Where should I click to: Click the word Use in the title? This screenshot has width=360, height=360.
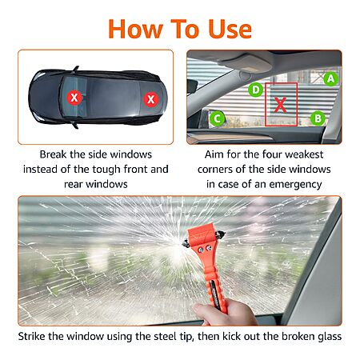tap(230, 29)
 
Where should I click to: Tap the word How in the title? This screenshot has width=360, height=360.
tap(135, 29)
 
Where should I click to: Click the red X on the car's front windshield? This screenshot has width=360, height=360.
tap(74, 98)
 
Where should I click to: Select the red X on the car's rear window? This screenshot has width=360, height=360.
tap(151, 99)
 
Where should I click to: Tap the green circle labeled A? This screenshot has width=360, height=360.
tap(330, 78)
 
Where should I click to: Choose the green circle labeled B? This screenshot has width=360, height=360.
tap(318, 118)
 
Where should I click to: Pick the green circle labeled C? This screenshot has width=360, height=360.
tap(218, 118)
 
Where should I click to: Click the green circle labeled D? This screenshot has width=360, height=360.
tap(255, 90)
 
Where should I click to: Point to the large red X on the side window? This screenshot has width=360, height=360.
tap(280, 105)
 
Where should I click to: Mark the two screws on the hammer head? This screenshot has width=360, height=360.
tap(205, 249)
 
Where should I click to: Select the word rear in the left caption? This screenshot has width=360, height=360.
tap(73, 185)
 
